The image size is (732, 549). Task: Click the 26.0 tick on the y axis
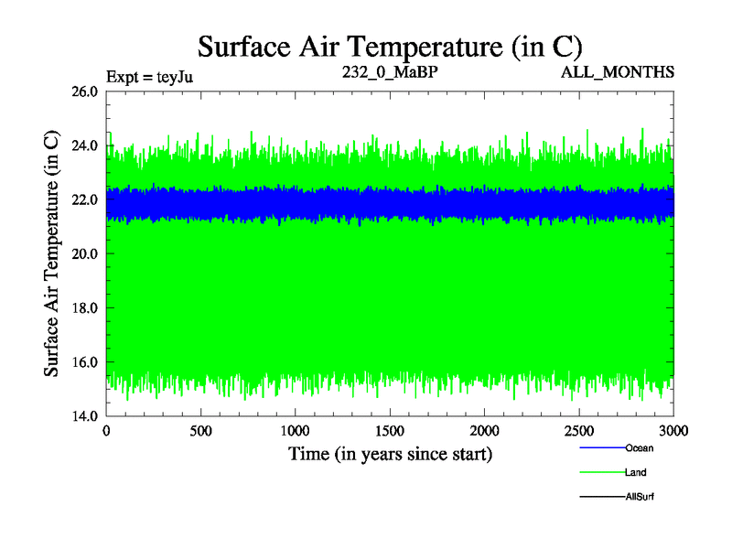tap(83, 91)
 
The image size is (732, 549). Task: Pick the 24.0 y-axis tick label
tap(83, 145)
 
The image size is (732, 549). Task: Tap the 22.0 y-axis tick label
tap(83, 199)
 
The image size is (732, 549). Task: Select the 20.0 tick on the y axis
tap(83, 253)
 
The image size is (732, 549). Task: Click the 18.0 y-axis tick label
tap(83, 308)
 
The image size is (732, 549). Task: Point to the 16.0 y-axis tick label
tap(83, 362)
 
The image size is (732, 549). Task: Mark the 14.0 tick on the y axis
tap(83, 416)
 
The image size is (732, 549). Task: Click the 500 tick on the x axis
tap(201, 430)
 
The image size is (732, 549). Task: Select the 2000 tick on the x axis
tap(485, 430)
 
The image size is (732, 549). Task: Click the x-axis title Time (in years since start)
tap(391, 453)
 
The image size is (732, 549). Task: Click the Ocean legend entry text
tap(640, 448)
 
